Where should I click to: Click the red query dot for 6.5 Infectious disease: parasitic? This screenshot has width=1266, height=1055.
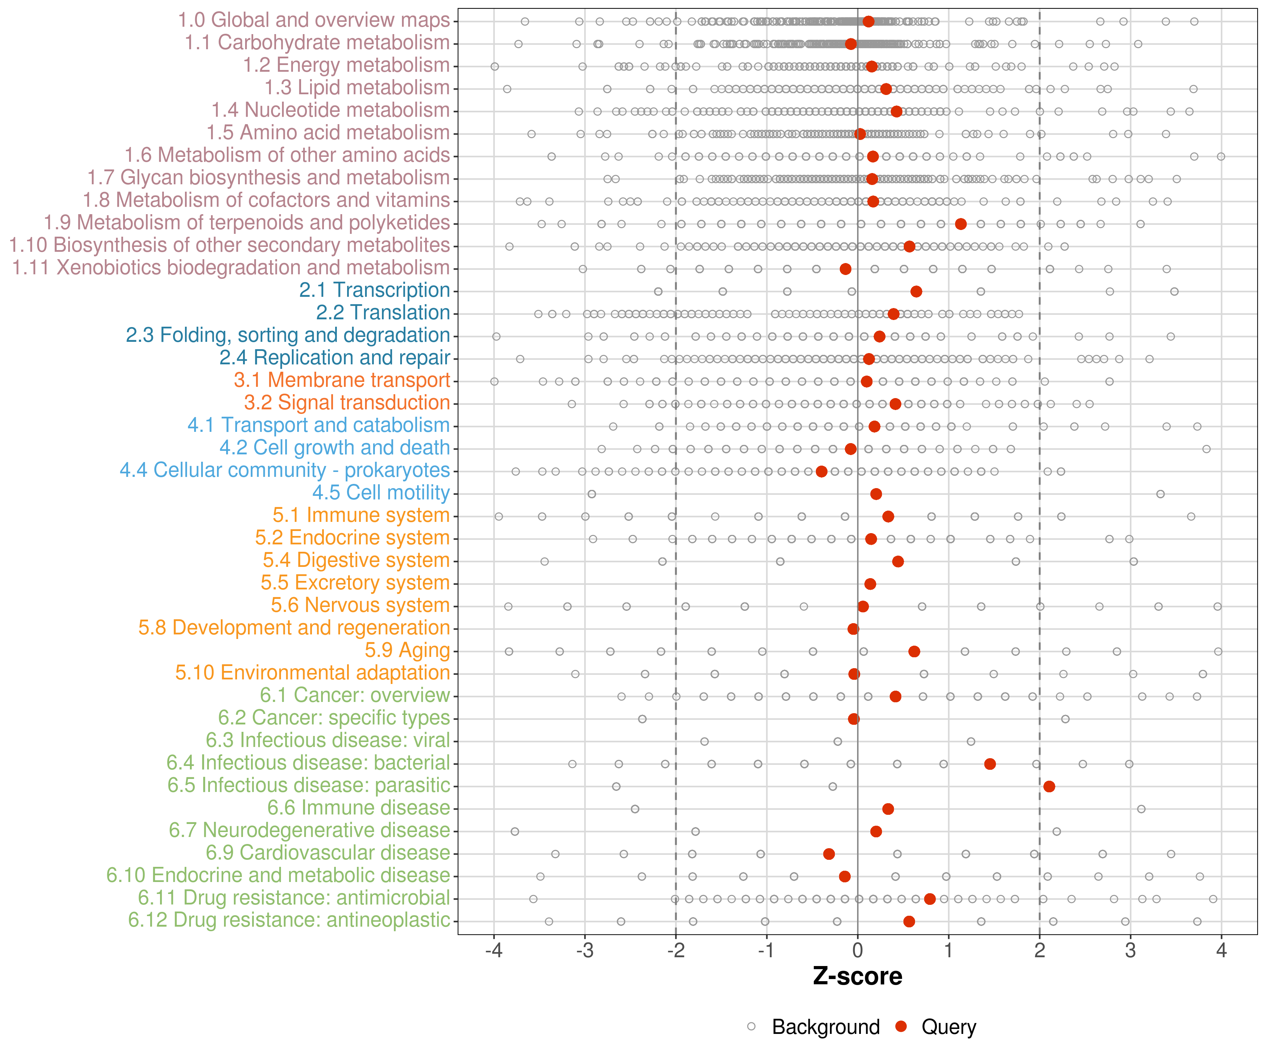(x=1049, y=786)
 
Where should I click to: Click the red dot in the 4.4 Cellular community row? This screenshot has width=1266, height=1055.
(x=821, y=472)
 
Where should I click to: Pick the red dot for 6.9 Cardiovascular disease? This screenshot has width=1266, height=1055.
(x=829, y=853)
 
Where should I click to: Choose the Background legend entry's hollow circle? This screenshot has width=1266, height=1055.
(x=751, y=1027)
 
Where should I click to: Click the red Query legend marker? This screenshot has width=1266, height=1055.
(x=901, y=1027)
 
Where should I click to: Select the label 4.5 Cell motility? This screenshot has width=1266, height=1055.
(x=381, y=493)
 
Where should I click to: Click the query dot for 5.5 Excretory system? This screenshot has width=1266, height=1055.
(x=870, y=583)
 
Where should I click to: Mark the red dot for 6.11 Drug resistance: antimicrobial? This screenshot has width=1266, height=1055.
(x=929, y=899)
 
